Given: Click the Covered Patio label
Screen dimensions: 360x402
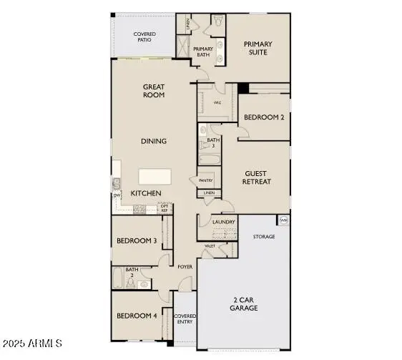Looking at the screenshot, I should click(x=145, y=37).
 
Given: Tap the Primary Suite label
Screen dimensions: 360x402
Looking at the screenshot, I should click(x=258, y=48).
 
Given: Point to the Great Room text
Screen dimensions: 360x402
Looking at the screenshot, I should click(x=154, y=91).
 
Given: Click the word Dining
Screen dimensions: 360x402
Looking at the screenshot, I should click(x=154, y=141).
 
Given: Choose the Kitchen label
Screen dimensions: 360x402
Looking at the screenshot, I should click(x=145, y=194).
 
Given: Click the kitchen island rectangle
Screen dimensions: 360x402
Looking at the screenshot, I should click(x=157, y=177).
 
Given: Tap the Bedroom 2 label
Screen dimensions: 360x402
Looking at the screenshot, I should click(x=264, y=117).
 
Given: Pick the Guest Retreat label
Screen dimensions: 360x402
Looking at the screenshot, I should click(x=258, y=177).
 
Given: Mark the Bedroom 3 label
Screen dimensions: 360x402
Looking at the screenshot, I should click(x=137, y=240).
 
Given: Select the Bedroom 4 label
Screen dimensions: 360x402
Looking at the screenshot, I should click(x=137, y=316).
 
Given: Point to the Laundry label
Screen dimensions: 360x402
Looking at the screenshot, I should click(x=224, y=223).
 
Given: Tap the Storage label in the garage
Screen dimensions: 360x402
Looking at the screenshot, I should click(x=264, y=236).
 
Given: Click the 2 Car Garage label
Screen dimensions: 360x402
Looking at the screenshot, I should click(x=245, y=303).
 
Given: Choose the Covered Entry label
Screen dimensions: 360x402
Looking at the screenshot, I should click(x=186, y=319).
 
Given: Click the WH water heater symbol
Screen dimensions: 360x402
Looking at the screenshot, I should click(x=284, y=220).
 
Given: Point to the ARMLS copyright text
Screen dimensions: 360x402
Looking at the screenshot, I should click(x=34, y=345).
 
